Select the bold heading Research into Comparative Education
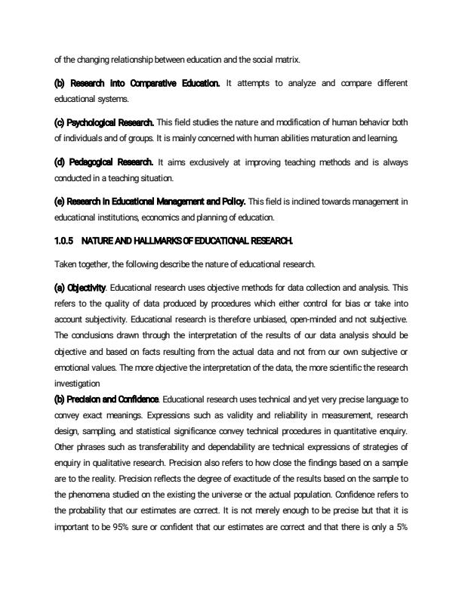pyautogui.click(x=137, y=82)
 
